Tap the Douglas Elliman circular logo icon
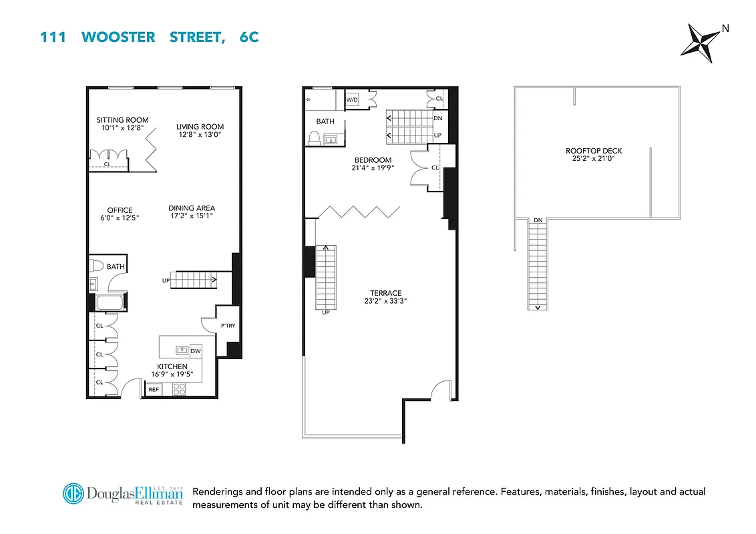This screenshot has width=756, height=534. (x=73, y=494)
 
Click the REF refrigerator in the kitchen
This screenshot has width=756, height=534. (x=154, y=389)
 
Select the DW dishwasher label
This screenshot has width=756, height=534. (x=195, y=350)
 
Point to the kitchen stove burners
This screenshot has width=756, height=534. (x=180, y=389)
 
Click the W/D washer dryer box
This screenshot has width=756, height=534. (x=352, y=100)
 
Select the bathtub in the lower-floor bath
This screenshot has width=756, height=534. (x=110, y=302)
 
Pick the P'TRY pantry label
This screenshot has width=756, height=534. (x=228, y=326)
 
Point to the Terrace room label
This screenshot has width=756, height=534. (x=386, y=292)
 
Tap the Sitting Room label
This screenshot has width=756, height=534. (x=122, y=120)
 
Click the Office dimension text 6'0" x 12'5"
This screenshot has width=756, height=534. (x=120, y=218)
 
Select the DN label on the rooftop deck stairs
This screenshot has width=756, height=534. (x=538, y=220)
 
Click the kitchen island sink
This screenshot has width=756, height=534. (x=181, y=350)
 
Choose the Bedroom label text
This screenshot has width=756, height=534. (x=373, y=160)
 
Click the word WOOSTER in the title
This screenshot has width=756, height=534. (x=118, y=37)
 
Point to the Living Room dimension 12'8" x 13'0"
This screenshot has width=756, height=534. (x=200, y=134)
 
